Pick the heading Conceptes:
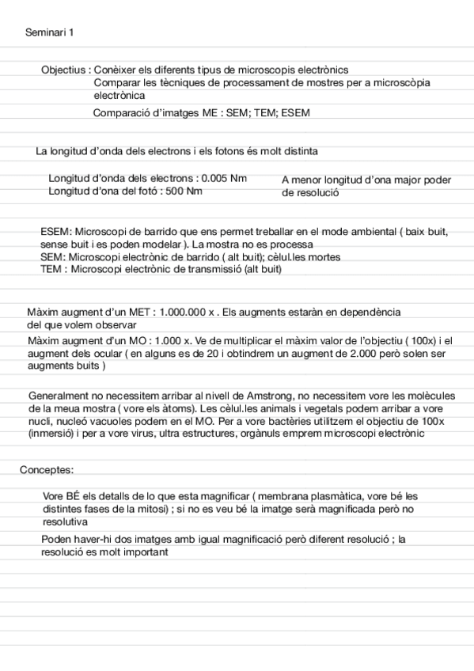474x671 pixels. pyautogui.click(x=47, y=470)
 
